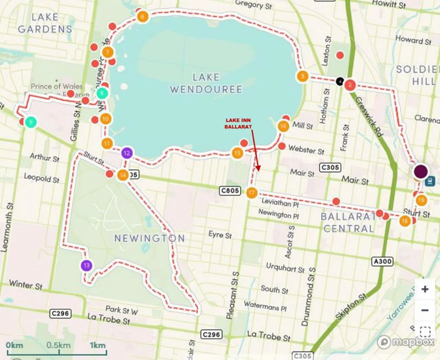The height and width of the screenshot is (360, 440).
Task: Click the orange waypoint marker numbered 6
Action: point(142,16)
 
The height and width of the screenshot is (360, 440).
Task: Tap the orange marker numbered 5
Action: point(302,76)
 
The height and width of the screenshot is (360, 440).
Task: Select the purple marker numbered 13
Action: point(87,265)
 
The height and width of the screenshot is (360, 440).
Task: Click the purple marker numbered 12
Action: point(127,153)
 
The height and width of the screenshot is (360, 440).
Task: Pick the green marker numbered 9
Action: point(31,122)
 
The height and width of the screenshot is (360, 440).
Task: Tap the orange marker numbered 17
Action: point(252,193)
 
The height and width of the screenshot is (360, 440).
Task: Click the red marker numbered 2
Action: point(350,85)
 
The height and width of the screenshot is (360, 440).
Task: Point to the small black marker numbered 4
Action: point(340,81)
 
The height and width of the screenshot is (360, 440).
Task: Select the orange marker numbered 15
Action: point(237,153)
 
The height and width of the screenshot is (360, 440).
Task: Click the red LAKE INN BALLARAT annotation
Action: point(238,123)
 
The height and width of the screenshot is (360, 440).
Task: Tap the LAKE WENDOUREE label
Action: point(206,83)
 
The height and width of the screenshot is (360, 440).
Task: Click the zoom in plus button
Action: point(425,289)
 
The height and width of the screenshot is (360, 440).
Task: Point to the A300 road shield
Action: point(382,262)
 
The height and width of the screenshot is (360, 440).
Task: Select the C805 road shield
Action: point(230,190)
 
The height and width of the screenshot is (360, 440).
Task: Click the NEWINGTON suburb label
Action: point(150,238)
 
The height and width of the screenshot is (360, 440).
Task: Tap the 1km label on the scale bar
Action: point(98,345)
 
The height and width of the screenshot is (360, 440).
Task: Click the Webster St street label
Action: point(306,150)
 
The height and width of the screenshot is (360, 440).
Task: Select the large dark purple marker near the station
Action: point(421,171)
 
